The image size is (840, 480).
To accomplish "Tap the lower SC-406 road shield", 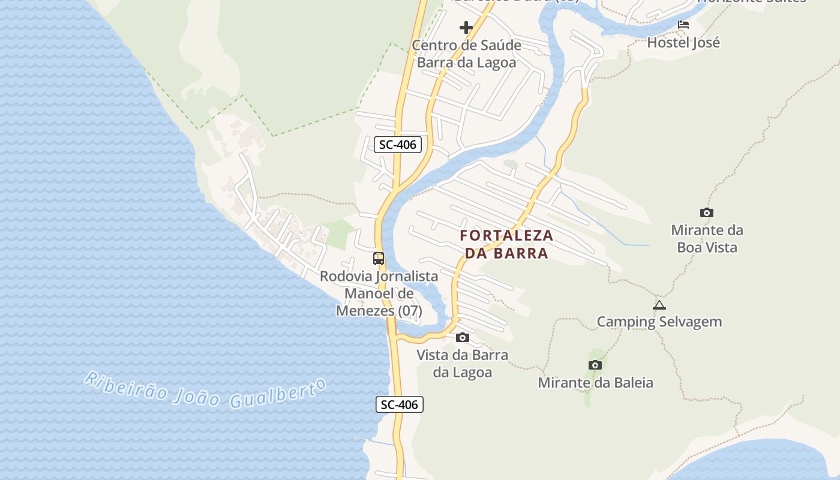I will point(400,404).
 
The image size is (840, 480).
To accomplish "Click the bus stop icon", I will point(379,259).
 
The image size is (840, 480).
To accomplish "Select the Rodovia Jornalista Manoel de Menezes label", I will point(379,294).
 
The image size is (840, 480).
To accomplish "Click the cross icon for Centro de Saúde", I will point(466,28).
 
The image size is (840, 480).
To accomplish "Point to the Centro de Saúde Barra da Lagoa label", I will point(466,54).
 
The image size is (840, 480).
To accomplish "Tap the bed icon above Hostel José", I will point(683,25).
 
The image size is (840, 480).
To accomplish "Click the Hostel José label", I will point(683,43).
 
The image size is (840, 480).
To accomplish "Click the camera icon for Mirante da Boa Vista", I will point(707,212).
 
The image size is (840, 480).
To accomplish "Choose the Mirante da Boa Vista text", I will point(707,239).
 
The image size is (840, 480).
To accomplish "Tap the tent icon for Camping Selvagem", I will point(659,305).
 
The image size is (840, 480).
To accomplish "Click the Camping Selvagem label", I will point(659,322).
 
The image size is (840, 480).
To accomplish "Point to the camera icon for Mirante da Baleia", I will point(595,365).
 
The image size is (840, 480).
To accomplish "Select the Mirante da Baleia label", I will point(595,383).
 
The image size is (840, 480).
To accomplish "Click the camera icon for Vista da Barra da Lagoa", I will point(462,337).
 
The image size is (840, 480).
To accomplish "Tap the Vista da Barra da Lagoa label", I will point(462,364).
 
